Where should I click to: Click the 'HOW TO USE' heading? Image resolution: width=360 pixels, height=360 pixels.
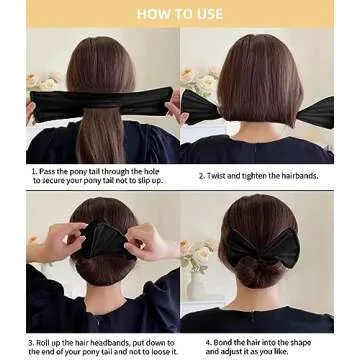tap(180, 14)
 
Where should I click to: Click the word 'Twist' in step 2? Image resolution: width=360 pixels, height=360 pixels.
tap(216, 176)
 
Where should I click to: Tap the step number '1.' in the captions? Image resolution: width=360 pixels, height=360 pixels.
tap(35, 171)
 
